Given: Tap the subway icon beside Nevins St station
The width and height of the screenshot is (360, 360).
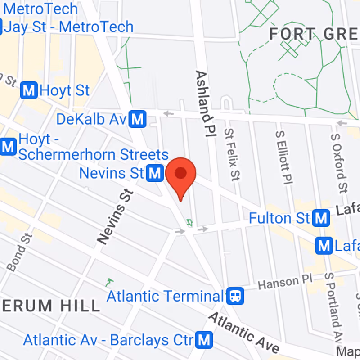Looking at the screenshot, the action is (156, 173).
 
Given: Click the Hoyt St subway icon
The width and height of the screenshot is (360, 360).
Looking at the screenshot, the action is (30, 90).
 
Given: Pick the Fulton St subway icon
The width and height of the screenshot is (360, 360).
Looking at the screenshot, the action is (321, 218).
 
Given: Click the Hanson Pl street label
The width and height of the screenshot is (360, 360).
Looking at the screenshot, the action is (280, 283).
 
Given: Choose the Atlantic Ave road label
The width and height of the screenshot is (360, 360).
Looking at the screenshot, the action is (243, 333).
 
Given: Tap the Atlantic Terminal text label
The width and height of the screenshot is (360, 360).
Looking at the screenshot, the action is (165, 296).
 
